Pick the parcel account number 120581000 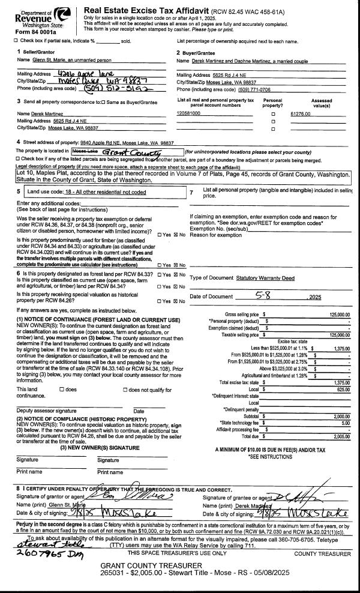coord(189,113)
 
